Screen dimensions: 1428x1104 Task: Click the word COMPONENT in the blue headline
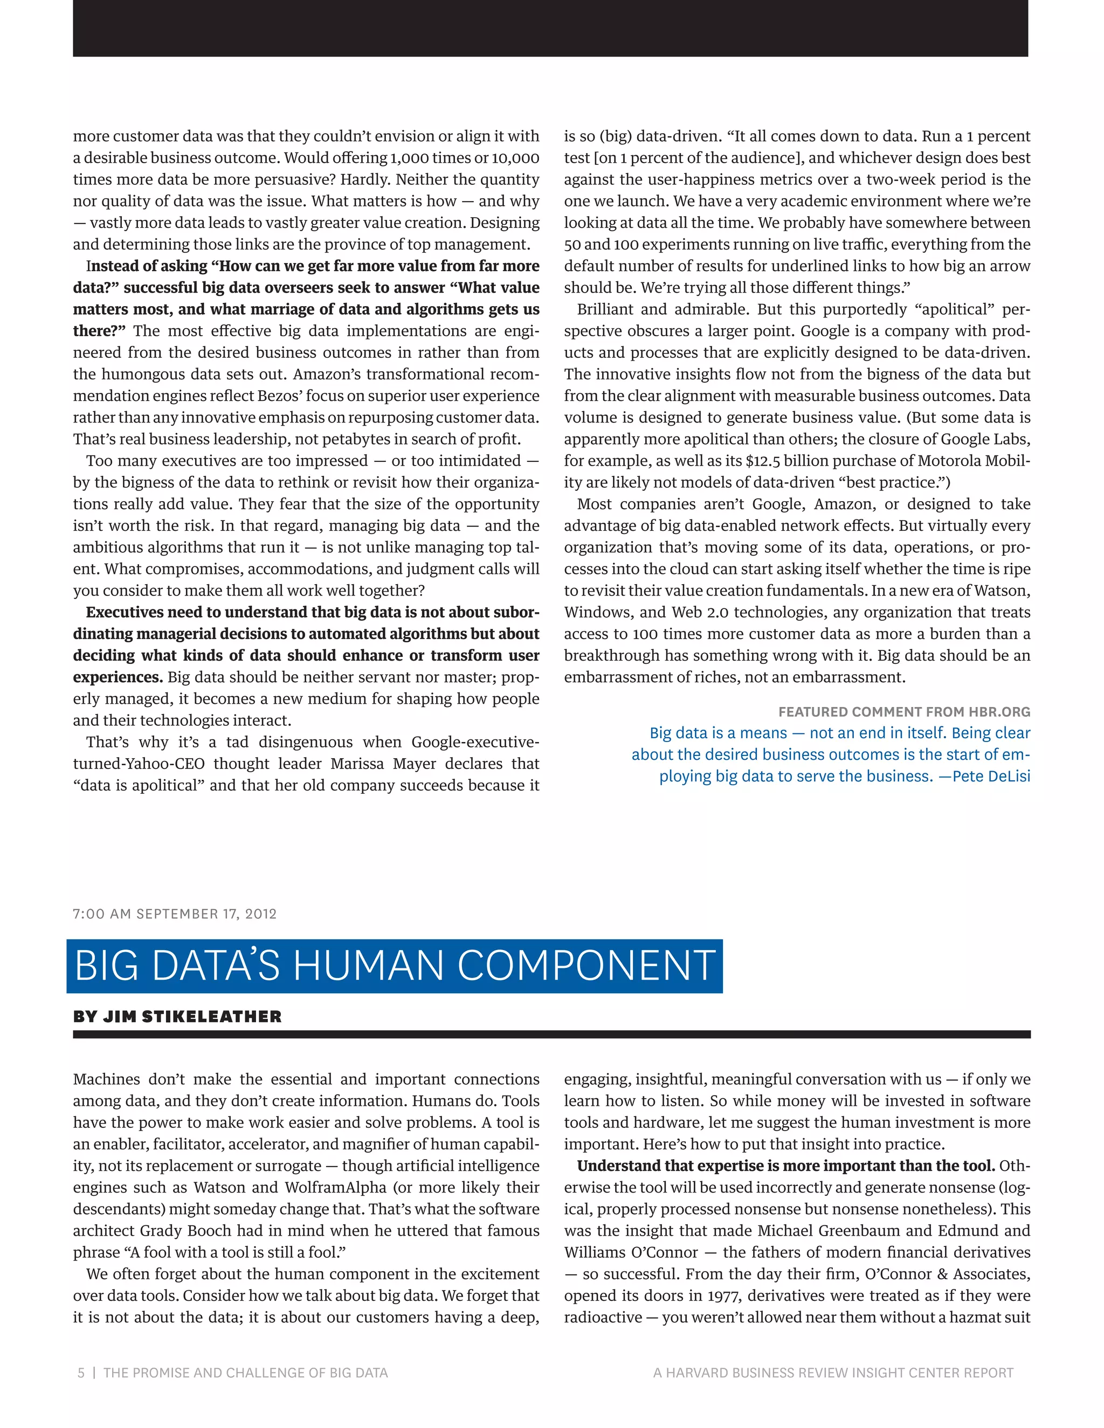click(586, 966)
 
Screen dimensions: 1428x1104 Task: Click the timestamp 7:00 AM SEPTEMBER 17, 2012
click(175, 914)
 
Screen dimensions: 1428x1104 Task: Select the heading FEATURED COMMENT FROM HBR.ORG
click(904, 712)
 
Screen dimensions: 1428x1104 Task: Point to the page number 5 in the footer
click(81, 1373)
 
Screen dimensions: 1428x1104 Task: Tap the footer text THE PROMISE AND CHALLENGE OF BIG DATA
click(245, 1373)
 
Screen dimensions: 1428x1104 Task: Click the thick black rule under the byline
click(551, 1035)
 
